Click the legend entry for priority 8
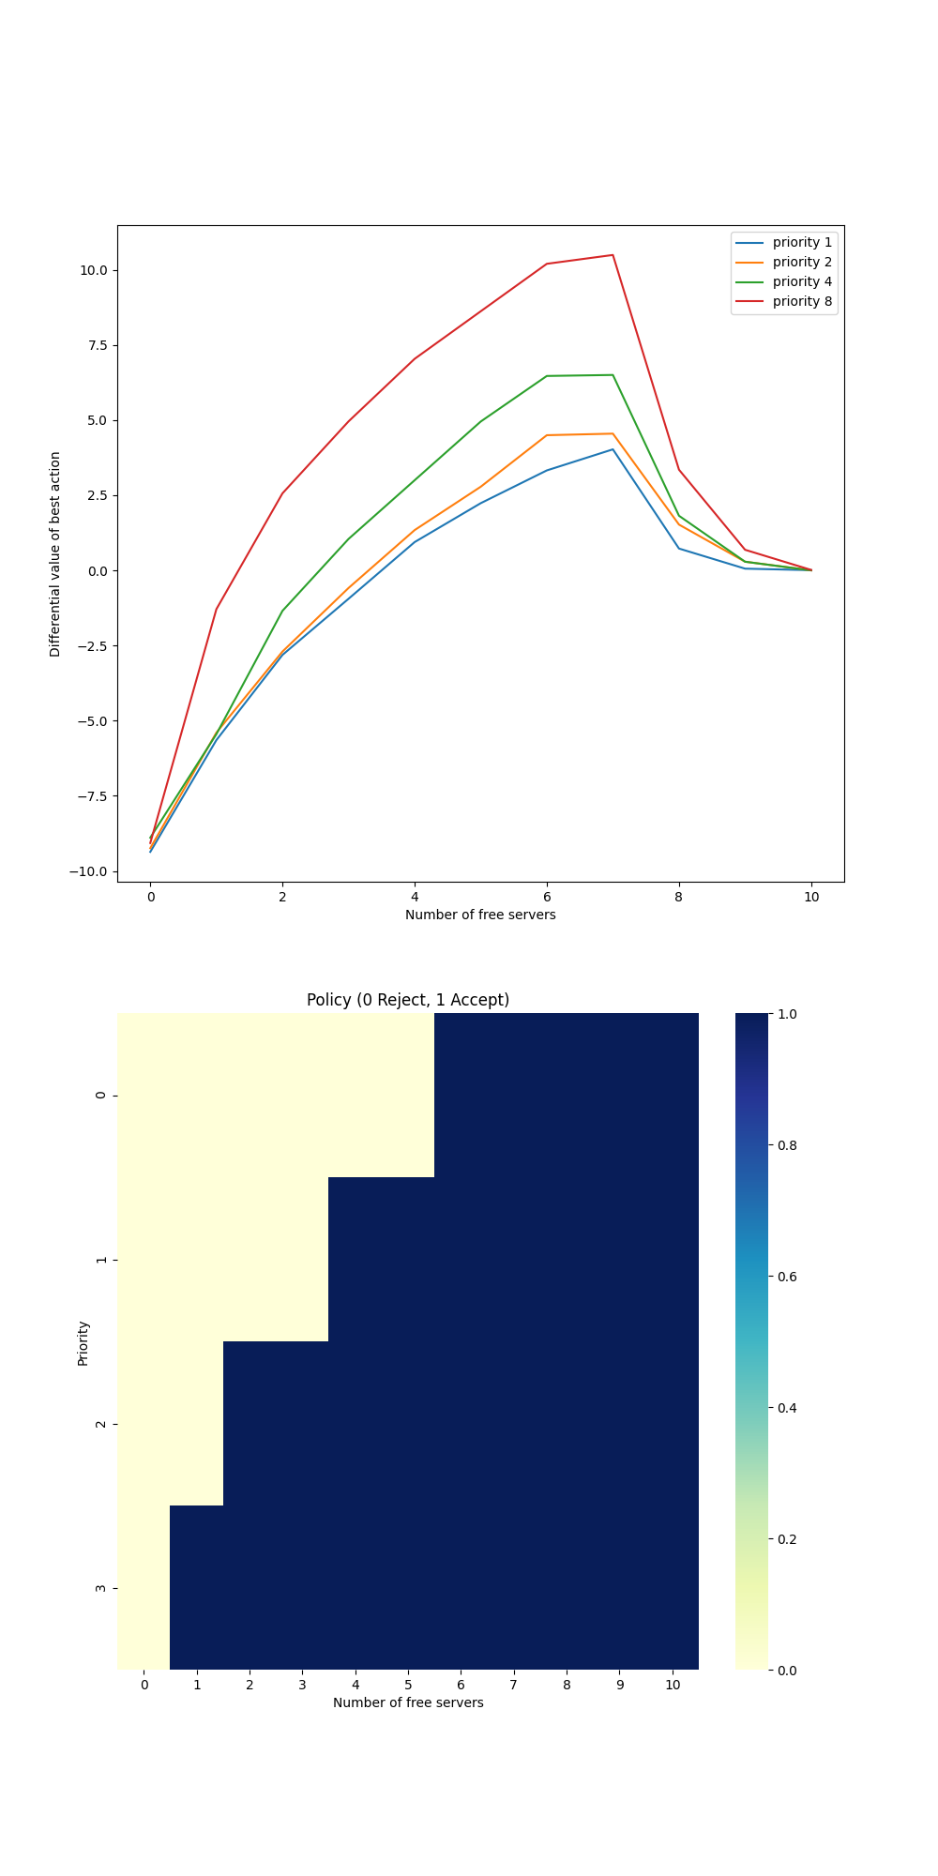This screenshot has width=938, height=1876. coord(801,301)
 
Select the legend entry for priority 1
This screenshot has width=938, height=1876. coord(801,242)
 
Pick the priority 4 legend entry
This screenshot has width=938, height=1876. coord(801,281)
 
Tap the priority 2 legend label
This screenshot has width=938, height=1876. coord(801,262)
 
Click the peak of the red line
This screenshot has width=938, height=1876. coord(613,255)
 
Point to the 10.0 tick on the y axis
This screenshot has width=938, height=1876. coord(93,270)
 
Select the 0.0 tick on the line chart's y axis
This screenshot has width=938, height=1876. coord(97,570)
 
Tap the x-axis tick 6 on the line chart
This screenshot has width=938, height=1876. coord(547,897)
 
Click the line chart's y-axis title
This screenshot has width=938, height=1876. coord(55,553)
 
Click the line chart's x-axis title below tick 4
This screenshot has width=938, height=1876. coord(480,915)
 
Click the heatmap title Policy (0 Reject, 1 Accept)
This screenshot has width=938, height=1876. coord(408,1000)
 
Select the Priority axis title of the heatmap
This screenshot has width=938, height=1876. coord(83,1342)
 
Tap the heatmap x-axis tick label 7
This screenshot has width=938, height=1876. coord(513,1685)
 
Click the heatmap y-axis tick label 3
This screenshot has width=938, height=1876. coord(101,1588)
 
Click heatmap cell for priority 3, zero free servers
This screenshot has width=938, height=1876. coord(144,1588)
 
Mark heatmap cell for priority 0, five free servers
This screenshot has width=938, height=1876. coord(408,1095)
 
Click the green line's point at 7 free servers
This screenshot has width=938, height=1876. coord(613,375)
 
